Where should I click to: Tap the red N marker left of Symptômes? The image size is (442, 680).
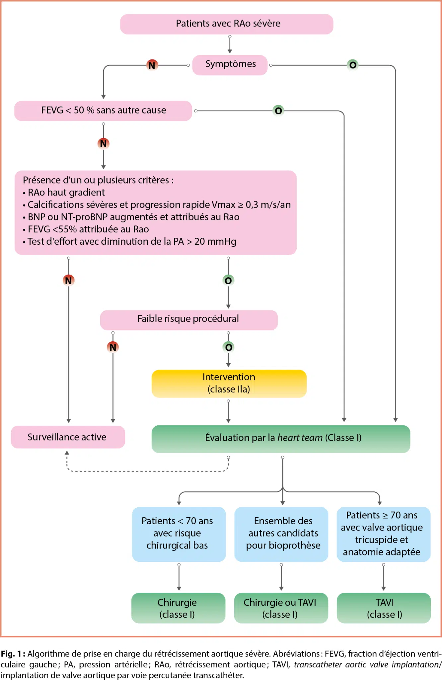point(152,65)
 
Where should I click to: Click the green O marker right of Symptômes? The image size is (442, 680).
point(353,65)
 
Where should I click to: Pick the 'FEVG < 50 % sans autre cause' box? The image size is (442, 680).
point(103,111)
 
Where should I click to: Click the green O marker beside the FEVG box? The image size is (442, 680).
point(278,111)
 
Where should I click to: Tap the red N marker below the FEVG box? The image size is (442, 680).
point(104,143)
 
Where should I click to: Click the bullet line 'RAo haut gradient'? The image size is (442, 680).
point(66,193)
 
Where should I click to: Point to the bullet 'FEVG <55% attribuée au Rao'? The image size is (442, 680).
point(88,229)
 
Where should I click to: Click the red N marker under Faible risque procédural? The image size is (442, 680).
point(113,347)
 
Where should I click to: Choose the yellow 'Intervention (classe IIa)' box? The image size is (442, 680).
point(229,383)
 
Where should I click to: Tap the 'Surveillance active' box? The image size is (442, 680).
point(68,437)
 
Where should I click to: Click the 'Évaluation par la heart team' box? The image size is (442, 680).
point(281,438)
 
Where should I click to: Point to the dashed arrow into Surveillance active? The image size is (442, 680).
point(146,471)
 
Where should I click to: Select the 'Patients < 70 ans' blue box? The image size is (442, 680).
point(179,534)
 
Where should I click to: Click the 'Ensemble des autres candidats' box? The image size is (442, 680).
point(281,534)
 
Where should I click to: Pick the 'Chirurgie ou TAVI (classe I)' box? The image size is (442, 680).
point(281,608)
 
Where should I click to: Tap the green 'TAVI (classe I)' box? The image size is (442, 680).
point(384,608)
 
